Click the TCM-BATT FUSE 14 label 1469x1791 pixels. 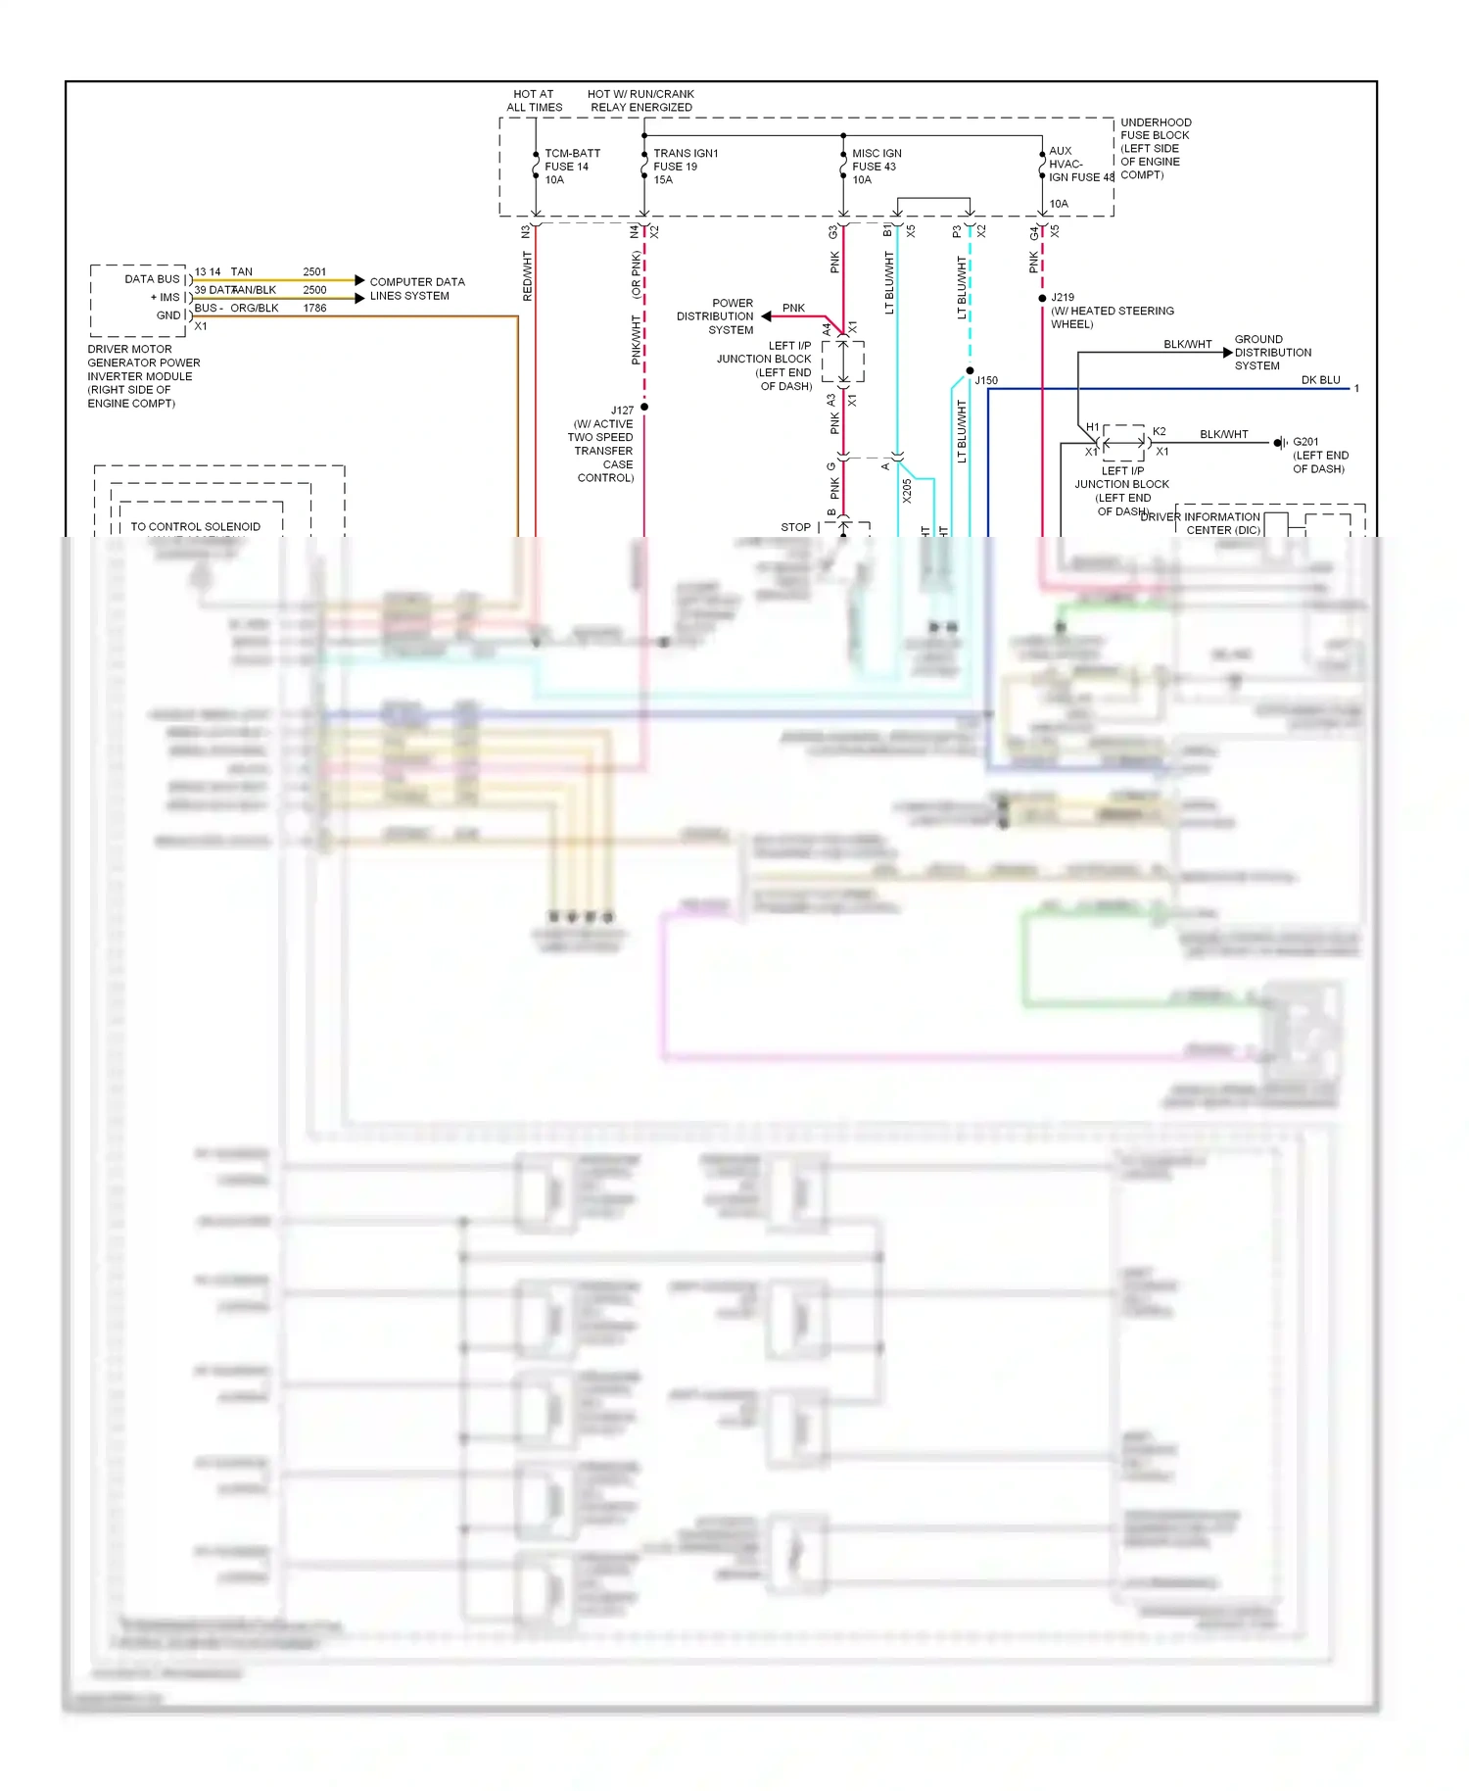coord(571,167)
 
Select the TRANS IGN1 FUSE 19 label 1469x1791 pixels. coord(685,167)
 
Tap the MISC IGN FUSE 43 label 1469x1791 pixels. coord(876,167)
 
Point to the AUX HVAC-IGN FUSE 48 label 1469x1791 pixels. coord(1080,165)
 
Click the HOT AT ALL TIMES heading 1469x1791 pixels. coord(534,101)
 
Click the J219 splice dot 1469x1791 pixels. coord(1042,298)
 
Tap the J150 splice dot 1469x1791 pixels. coord(970,371)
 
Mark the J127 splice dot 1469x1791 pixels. coord(644,407)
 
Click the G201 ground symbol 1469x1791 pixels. coord(1279,443)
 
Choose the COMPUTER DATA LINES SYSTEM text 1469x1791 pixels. coord(416,289)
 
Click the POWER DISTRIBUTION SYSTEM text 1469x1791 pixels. coord(716,316)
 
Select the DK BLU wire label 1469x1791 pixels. coord(1319,380)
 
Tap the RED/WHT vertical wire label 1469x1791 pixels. coord(527,276)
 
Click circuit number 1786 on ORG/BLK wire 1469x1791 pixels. coord(314,308)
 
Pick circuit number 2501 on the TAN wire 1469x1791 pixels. coord(314,271)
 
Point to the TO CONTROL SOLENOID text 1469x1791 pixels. coord(195,526)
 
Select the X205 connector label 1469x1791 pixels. coord(907,491)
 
